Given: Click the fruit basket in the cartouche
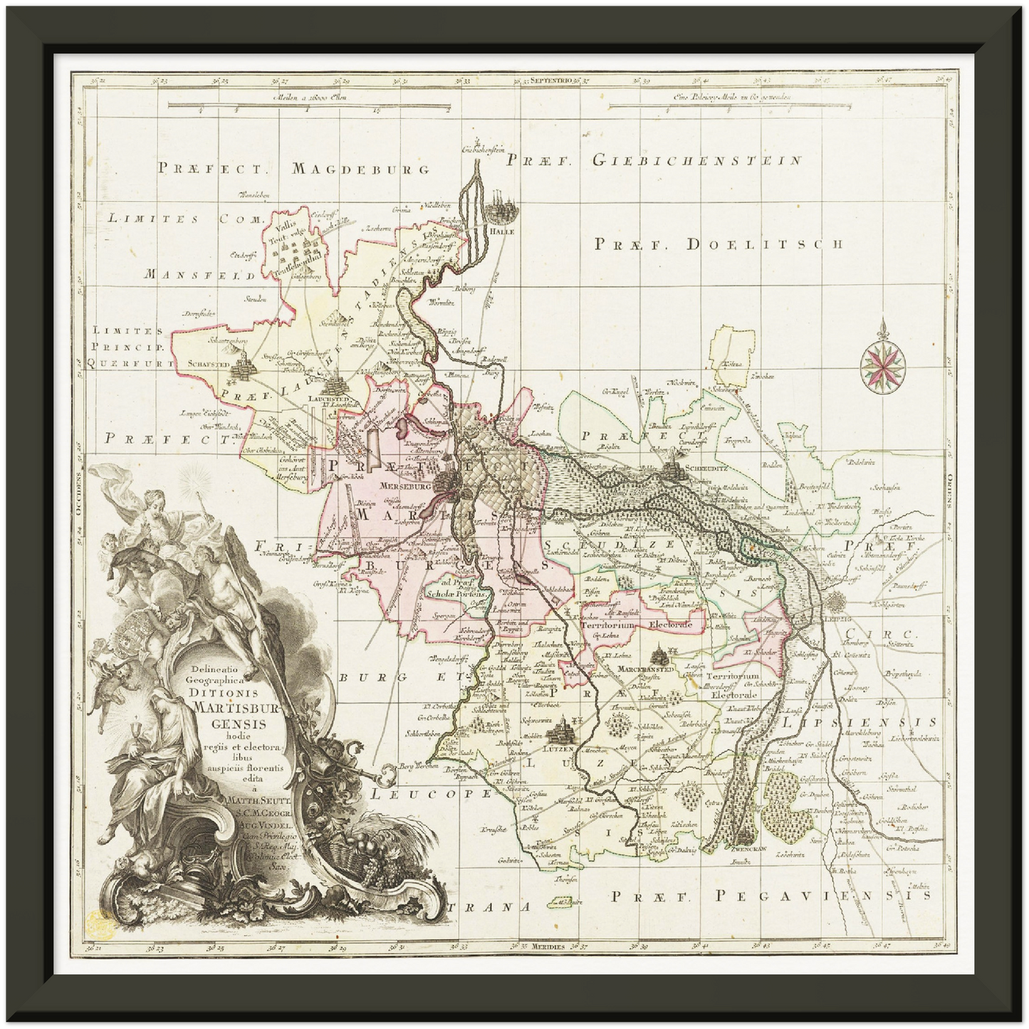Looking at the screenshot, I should (361, 853).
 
